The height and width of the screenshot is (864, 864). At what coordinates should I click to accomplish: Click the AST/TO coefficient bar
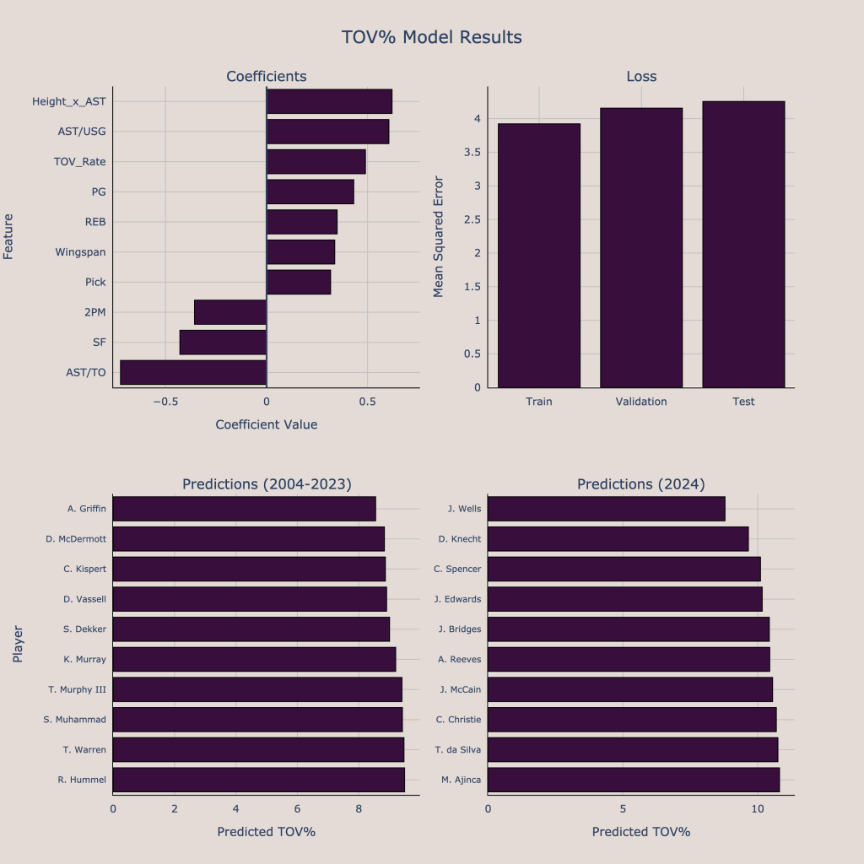[193, 372]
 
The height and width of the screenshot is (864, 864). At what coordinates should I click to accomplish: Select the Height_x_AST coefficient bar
[329, 101]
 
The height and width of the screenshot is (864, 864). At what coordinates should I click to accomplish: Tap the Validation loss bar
[641, 247]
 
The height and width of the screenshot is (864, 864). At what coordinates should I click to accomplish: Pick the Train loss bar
[539, 255]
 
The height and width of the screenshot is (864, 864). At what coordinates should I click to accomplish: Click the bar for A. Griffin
[244, 509]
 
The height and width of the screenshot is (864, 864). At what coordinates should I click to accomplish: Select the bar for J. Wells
[606, 509]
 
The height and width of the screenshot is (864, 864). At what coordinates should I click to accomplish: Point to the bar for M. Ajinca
[633, 780]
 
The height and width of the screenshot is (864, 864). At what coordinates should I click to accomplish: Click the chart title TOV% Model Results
[432, 38]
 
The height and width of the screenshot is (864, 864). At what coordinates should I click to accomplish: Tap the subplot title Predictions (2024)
[641, 484]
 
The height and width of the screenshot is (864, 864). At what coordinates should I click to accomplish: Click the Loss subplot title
[641, 77]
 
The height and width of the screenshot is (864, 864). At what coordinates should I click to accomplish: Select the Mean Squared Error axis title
[438, 236]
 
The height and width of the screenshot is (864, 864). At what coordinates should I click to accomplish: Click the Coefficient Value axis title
[267, 424]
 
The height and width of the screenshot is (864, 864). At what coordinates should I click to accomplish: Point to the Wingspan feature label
[81, 252]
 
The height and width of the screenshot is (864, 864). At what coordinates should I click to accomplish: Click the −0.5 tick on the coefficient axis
[165, 402]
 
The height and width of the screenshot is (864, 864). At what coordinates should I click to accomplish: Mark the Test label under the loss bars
[743, 402]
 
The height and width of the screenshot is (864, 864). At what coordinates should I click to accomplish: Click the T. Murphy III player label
[78, 689]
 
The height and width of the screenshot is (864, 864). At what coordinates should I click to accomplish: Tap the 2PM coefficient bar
[230, 312]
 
